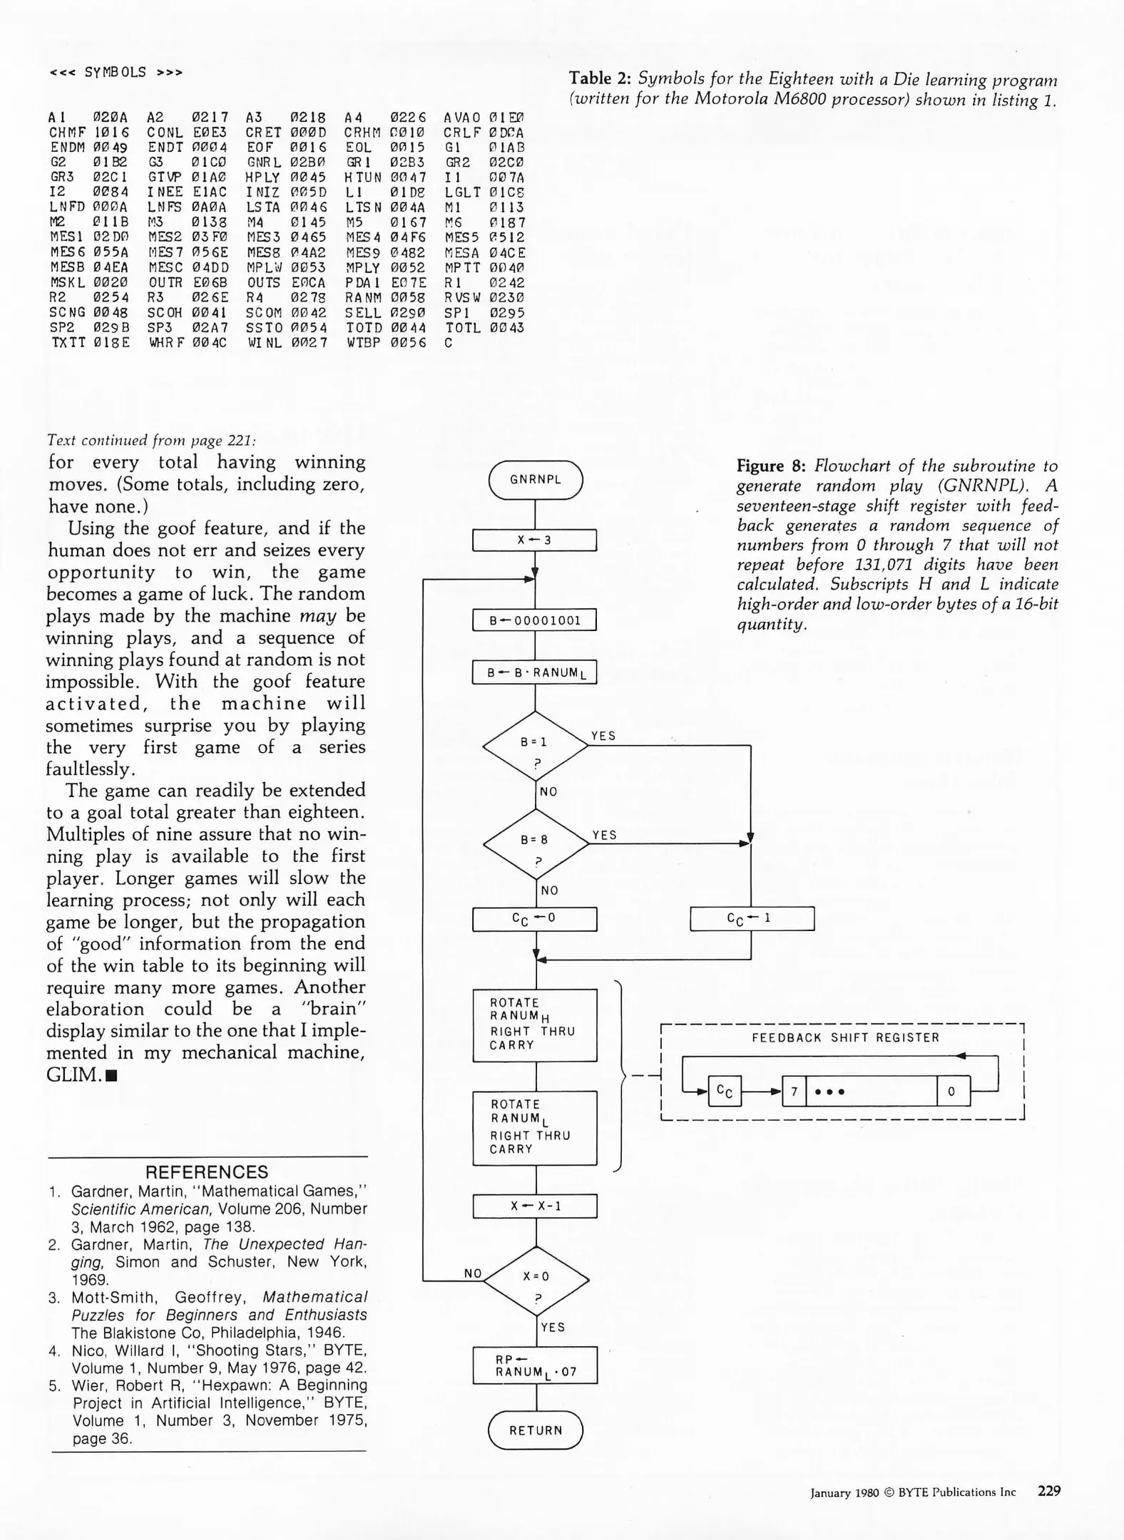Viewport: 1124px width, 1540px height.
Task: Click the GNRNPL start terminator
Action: pos(535,480)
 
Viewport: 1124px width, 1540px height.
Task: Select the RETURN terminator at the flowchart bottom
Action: pos(535,1430)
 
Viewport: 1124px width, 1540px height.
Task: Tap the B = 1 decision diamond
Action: pos(535,746)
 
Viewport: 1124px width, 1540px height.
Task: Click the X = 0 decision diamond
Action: pos(536,1280)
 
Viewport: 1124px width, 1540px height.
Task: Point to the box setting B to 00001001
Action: pos(534,620)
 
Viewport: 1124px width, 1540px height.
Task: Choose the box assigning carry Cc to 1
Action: pos(752,918)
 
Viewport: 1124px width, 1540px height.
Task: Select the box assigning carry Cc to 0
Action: pos(534,919)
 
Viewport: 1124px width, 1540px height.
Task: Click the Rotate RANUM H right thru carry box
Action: pos(534,1025)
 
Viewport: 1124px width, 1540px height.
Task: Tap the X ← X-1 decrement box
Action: pos(535,1206)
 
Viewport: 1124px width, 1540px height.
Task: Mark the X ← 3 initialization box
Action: pos(534,540)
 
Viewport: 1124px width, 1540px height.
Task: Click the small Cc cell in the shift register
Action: pos(725,1091)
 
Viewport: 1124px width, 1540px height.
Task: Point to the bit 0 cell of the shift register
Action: pos(953,1091)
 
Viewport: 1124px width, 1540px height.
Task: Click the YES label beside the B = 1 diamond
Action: pos(603,736)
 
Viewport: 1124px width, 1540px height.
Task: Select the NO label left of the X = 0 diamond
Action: pos(473,1273)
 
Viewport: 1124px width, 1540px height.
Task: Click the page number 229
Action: pos(1049,1491)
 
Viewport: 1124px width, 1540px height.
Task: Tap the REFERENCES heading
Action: pos(207,1172)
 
